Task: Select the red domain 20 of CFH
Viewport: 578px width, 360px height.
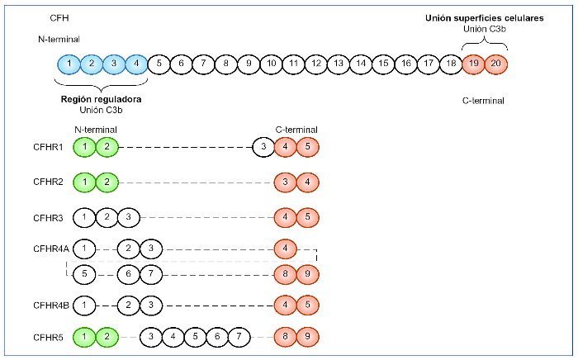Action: (495, 64)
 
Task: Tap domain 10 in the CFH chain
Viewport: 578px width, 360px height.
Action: (271, 64)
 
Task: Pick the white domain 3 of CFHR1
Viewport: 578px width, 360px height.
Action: (262, 148)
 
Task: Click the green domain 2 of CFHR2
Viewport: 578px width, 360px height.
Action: (107, 182)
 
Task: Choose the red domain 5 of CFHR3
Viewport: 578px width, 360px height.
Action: (306, 217)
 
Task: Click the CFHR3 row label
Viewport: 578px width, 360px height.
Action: (49, 217)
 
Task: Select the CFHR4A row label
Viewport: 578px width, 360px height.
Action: (51, 249)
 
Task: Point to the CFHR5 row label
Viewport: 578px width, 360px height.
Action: (49, 337)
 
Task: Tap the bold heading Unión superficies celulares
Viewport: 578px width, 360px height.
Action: (484, 18)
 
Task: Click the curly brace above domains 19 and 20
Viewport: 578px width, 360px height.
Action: (484, 45)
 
